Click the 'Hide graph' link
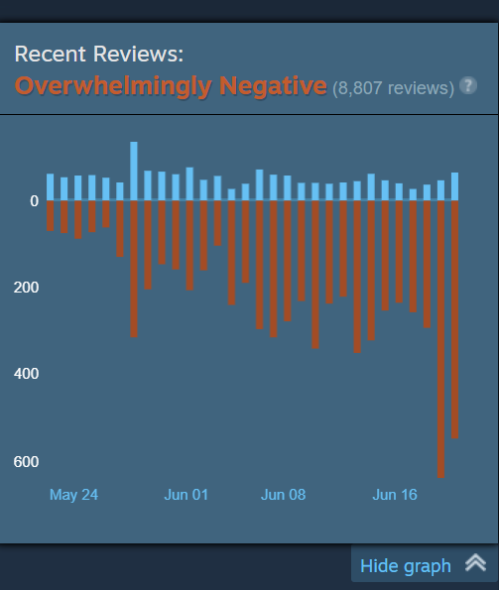coord(406,566)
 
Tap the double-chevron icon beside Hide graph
coord(475,563)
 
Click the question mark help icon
coord(468,85)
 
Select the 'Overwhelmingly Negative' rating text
coord(171,86)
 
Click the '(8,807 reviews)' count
coord(393,88)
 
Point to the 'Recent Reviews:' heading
coord(99,54)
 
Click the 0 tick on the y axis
coord(35,201)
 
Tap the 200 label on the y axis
coord(26,288)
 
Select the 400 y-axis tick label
coord(26,374)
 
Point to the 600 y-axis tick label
coord(26,462)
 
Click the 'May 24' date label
coord(73,495)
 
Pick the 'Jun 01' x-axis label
coord(186,495)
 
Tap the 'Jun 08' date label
coord(283,495)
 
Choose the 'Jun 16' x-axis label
coord(395,495)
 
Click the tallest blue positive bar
coord(134,171)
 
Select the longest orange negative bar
coord(440,339)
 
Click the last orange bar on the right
coord(454,319)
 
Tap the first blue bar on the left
coord(50,186)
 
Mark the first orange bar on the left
coord(50,215)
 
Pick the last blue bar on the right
coord(454,186)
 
